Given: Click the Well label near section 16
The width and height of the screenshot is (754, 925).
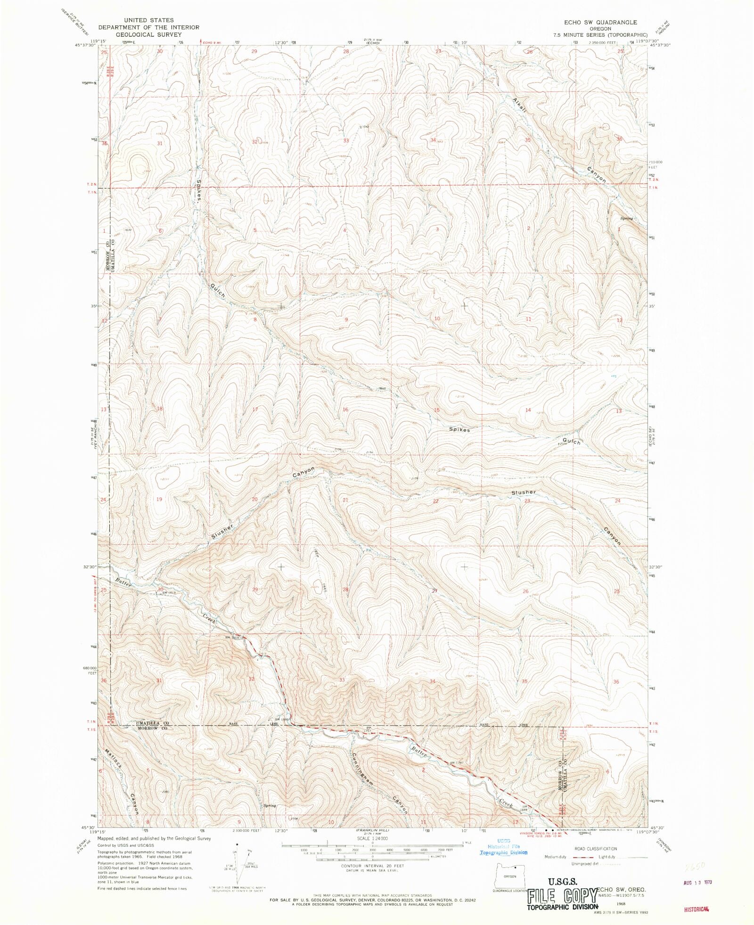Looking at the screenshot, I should [383, 389].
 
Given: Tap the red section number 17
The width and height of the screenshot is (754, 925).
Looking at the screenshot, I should [255, 409].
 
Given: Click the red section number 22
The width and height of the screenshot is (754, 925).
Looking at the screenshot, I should [436, 501].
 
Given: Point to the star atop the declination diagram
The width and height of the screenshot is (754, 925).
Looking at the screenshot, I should [237, 845].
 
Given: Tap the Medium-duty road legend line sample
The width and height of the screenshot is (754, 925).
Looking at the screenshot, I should [581, 858].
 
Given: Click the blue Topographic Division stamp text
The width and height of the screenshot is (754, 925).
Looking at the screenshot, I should [503, 852].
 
